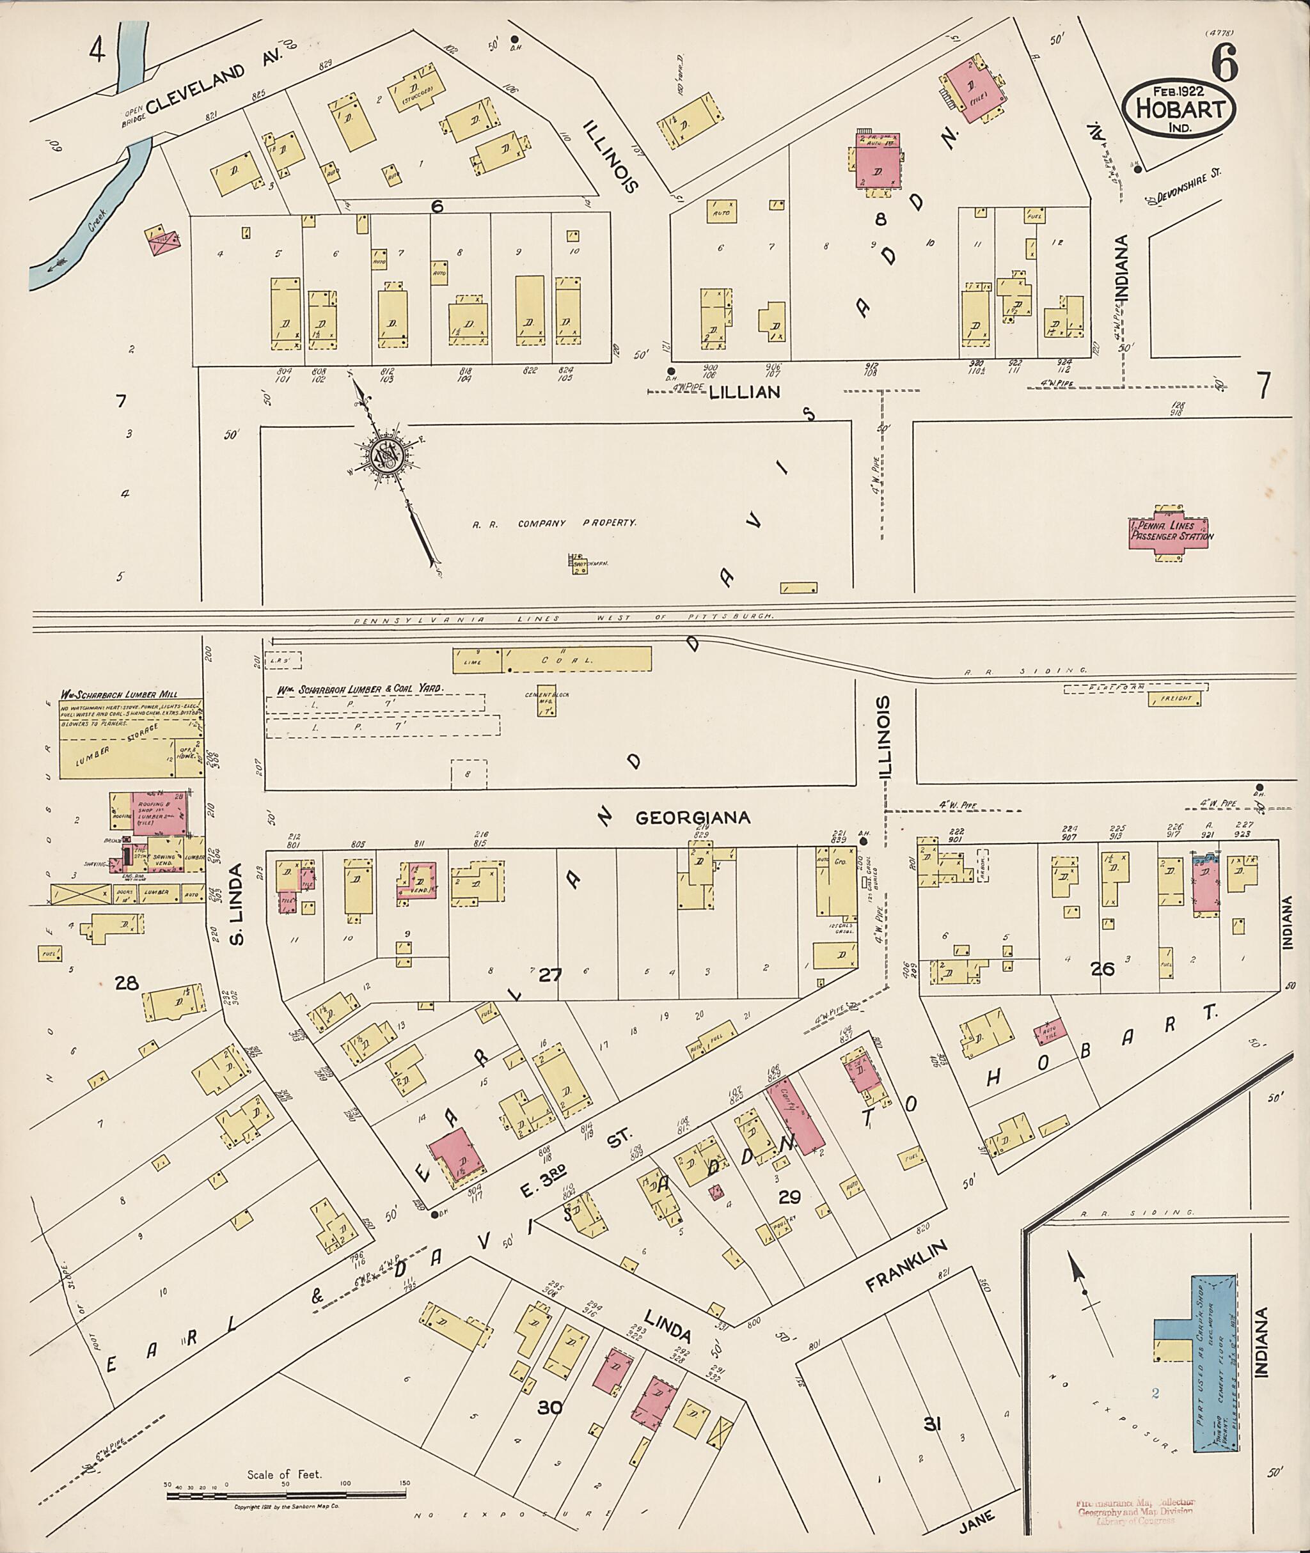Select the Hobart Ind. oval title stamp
(1179, 109)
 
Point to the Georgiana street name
(693, 817)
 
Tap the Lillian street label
(744, 392)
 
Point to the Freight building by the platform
(1174, 699)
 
